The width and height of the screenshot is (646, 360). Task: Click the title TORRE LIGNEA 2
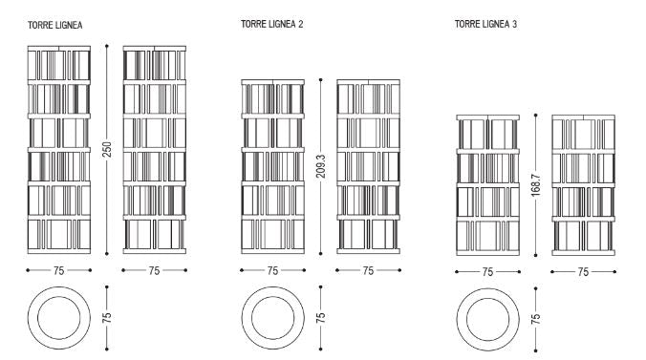click(x=272, y=24)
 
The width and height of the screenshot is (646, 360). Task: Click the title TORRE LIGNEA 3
click(x=485, y=24)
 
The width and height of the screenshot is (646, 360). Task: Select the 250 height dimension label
click(x=107, y=149)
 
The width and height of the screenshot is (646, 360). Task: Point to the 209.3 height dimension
click(x=320, y=166)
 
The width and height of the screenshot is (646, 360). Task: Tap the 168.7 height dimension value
click(x=535, y=185)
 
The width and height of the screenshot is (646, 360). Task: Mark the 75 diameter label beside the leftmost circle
click(x=107, y=318)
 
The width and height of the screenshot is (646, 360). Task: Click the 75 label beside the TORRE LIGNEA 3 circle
click(x=535, y=319)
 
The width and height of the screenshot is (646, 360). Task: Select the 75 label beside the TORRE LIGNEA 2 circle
click(x=320, y=318)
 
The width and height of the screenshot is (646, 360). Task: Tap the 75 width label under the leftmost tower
click(x=59, y=270)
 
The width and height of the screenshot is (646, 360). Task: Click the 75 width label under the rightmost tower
click(x=583, y=272)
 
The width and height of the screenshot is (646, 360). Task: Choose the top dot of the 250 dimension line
click(x=107, y=46)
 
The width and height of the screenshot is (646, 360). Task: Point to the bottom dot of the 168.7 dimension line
click(x=535, y=255)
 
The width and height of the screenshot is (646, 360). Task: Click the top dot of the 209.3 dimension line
click(x=320, y=79)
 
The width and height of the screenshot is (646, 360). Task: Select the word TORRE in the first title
click(x=38, y=25)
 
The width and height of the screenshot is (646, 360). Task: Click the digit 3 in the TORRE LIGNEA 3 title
click(x=514, y=24)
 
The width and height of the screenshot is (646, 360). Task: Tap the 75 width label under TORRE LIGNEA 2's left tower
click(x=272, y=270)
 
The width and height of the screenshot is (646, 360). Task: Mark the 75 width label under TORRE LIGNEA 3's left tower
click(x=487, y=272)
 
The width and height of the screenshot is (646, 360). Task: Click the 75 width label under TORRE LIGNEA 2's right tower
click(x=368, y=270)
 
